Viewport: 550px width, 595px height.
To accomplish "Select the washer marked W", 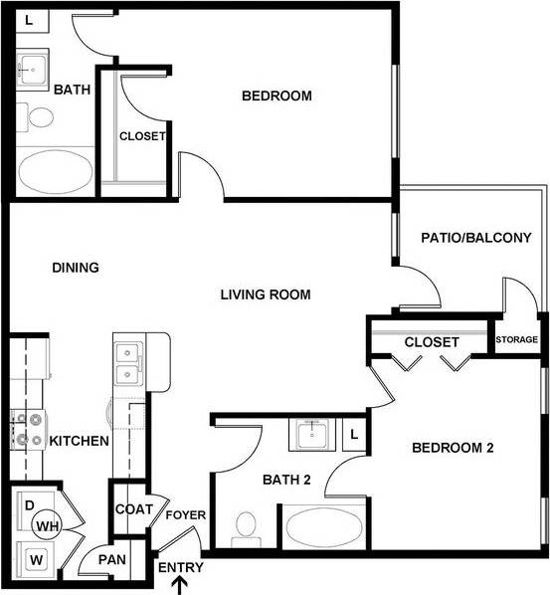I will point(36,559).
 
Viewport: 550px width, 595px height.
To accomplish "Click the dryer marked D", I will point(30,504).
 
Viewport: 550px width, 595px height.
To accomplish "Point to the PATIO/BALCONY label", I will point(476,238).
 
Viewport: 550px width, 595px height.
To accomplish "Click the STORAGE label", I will point(517,340).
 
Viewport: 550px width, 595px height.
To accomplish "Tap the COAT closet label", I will point(133,509).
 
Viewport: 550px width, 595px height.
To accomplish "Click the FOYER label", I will point(185,515).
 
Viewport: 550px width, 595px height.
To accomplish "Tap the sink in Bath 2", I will point(311,434).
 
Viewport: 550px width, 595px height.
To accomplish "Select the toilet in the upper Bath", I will point(41,116).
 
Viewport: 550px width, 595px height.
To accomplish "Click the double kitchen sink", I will point(127,363).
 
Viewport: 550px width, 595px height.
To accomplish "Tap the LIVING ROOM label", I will point(266,295).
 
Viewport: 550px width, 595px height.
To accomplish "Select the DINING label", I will point(76,268).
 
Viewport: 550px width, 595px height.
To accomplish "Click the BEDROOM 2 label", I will point(453,448).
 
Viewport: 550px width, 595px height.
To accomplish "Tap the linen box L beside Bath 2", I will point(355,434).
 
